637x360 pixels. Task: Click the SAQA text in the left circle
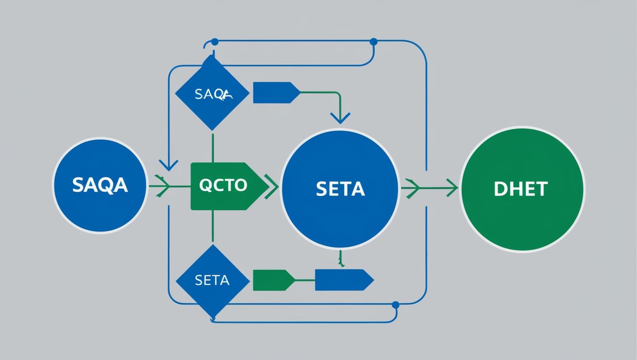click(x=100, y=185)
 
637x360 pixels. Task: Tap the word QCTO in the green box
click(x=223, y=185)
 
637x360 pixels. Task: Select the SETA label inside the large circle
click(x=340, y=189)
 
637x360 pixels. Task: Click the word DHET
click(x=521, y=189)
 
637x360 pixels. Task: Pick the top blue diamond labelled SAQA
click(x=212, y=93)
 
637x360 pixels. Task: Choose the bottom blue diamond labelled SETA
click(x=212, y=280)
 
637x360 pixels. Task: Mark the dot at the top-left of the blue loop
click(x=214, y=42)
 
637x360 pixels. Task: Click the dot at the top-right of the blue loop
click(x=374, y=42)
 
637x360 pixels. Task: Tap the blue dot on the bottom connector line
click(x=395, y=305)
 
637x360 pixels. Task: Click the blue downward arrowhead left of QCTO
click(x=168, y=165)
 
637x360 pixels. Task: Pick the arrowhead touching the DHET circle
click(x=453, y=188)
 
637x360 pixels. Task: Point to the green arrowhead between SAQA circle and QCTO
click(x=163, y=186)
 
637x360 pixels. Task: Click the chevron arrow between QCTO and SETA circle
click(x=271, y=186)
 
